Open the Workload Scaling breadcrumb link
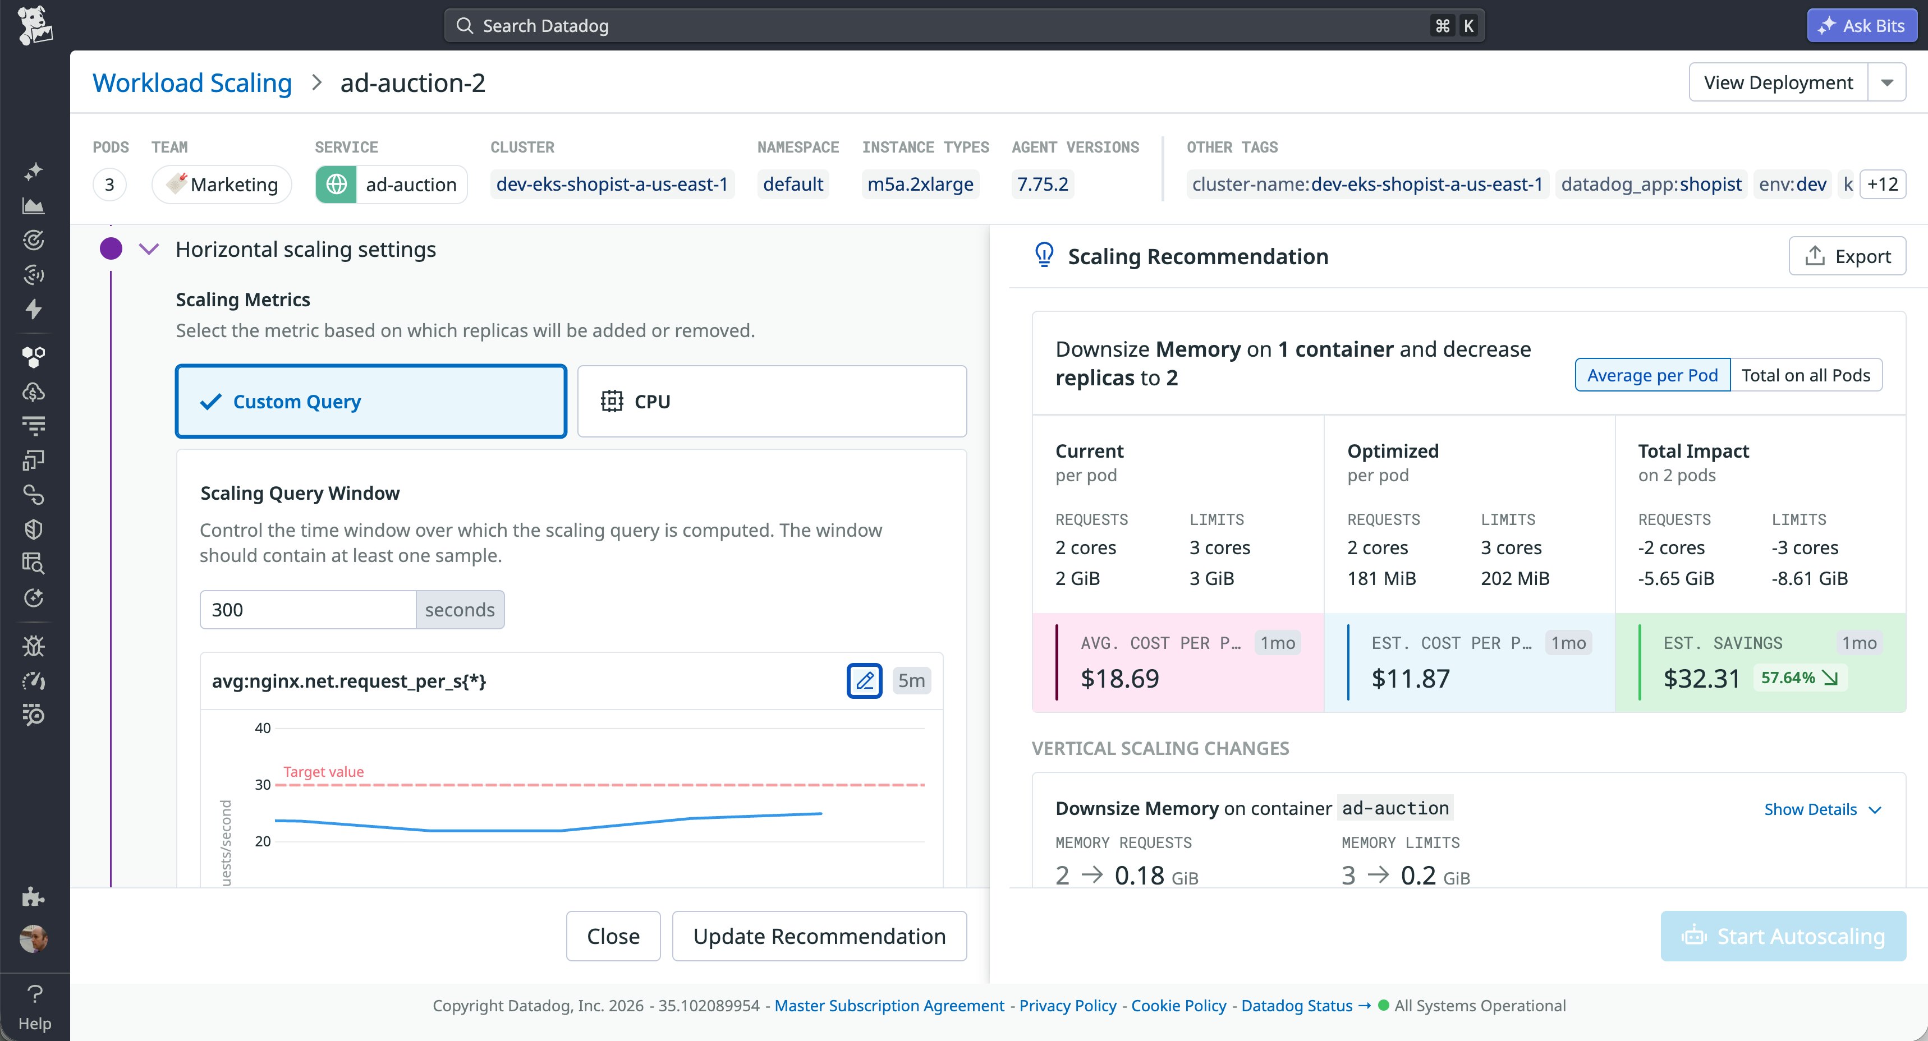click(191, 83)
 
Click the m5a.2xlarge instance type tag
click(920, 184)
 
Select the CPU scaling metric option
click(772, 402)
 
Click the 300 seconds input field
click(307, 610)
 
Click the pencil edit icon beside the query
click(865, 681)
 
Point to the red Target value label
click(323, 772)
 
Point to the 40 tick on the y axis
click(263, 728)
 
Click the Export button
click(1847, 257)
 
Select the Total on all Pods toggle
click(1805, 375)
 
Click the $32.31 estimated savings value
click(1701, 679)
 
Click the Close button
click(613, 936)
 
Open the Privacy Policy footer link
click(1067, 1006)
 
